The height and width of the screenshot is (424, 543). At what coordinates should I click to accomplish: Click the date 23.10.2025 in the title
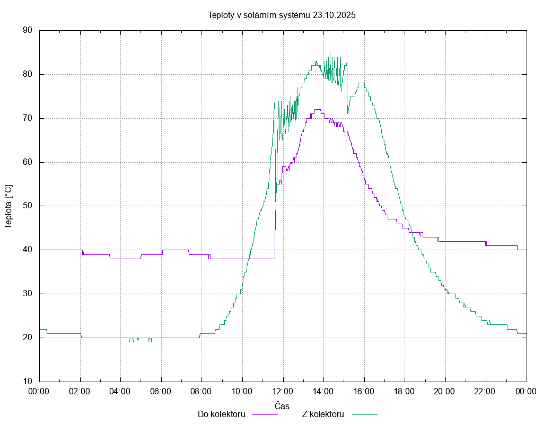tap(334, 15)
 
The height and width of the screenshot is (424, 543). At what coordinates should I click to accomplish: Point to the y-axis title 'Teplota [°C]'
tap(8, 206)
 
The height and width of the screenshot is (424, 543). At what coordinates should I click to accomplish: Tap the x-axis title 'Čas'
tap(282, 406)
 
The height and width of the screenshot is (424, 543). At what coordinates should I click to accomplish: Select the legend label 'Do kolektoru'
tap(221, 414)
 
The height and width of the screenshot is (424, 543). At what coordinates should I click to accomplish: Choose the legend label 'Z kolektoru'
tap(323, 414)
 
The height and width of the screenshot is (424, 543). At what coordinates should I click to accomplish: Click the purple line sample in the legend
tap(265, 414)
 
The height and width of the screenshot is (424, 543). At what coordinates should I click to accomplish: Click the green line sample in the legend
tap(364, 414)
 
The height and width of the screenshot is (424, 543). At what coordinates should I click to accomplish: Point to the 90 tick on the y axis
tap(28, 30)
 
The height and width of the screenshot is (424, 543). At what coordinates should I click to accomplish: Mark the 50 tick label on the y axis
tap(28, 206)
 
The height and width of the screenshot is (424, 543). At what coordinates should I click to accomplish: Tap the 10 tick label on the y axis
tap(28, 382)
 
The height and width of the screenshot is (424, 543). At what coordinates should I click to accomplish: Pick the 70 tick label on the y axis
tap(28, 118)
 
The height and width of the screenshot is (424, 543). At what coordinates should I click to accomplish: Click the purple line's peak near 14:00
tap(318, 110)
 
